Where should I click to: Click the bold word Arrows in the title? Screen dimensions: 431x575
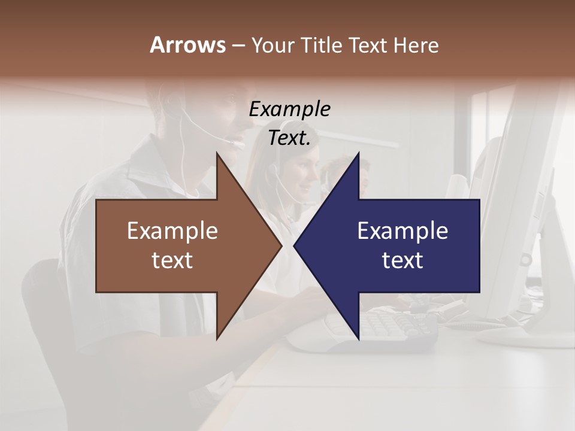(187, 45)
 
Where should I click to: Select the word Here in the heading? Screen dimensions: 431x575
(416, 45)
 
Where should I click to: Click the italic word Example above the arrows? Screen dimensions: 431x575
(290, 110)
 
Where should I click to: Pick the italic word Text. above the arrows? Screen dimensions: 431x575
(290, 138)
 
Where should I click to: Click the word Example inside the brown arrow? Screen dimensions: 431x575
(172, 231)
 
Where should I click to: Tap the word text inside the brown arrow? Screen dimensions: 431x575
(172, 260)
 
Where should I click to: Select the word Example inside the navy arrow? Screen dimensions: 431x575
(402, 231)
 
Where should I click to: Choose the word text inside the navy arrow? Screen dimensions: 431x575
(402, 260)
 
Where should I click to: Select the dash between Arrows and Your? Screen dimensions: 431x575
(238, 45)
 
